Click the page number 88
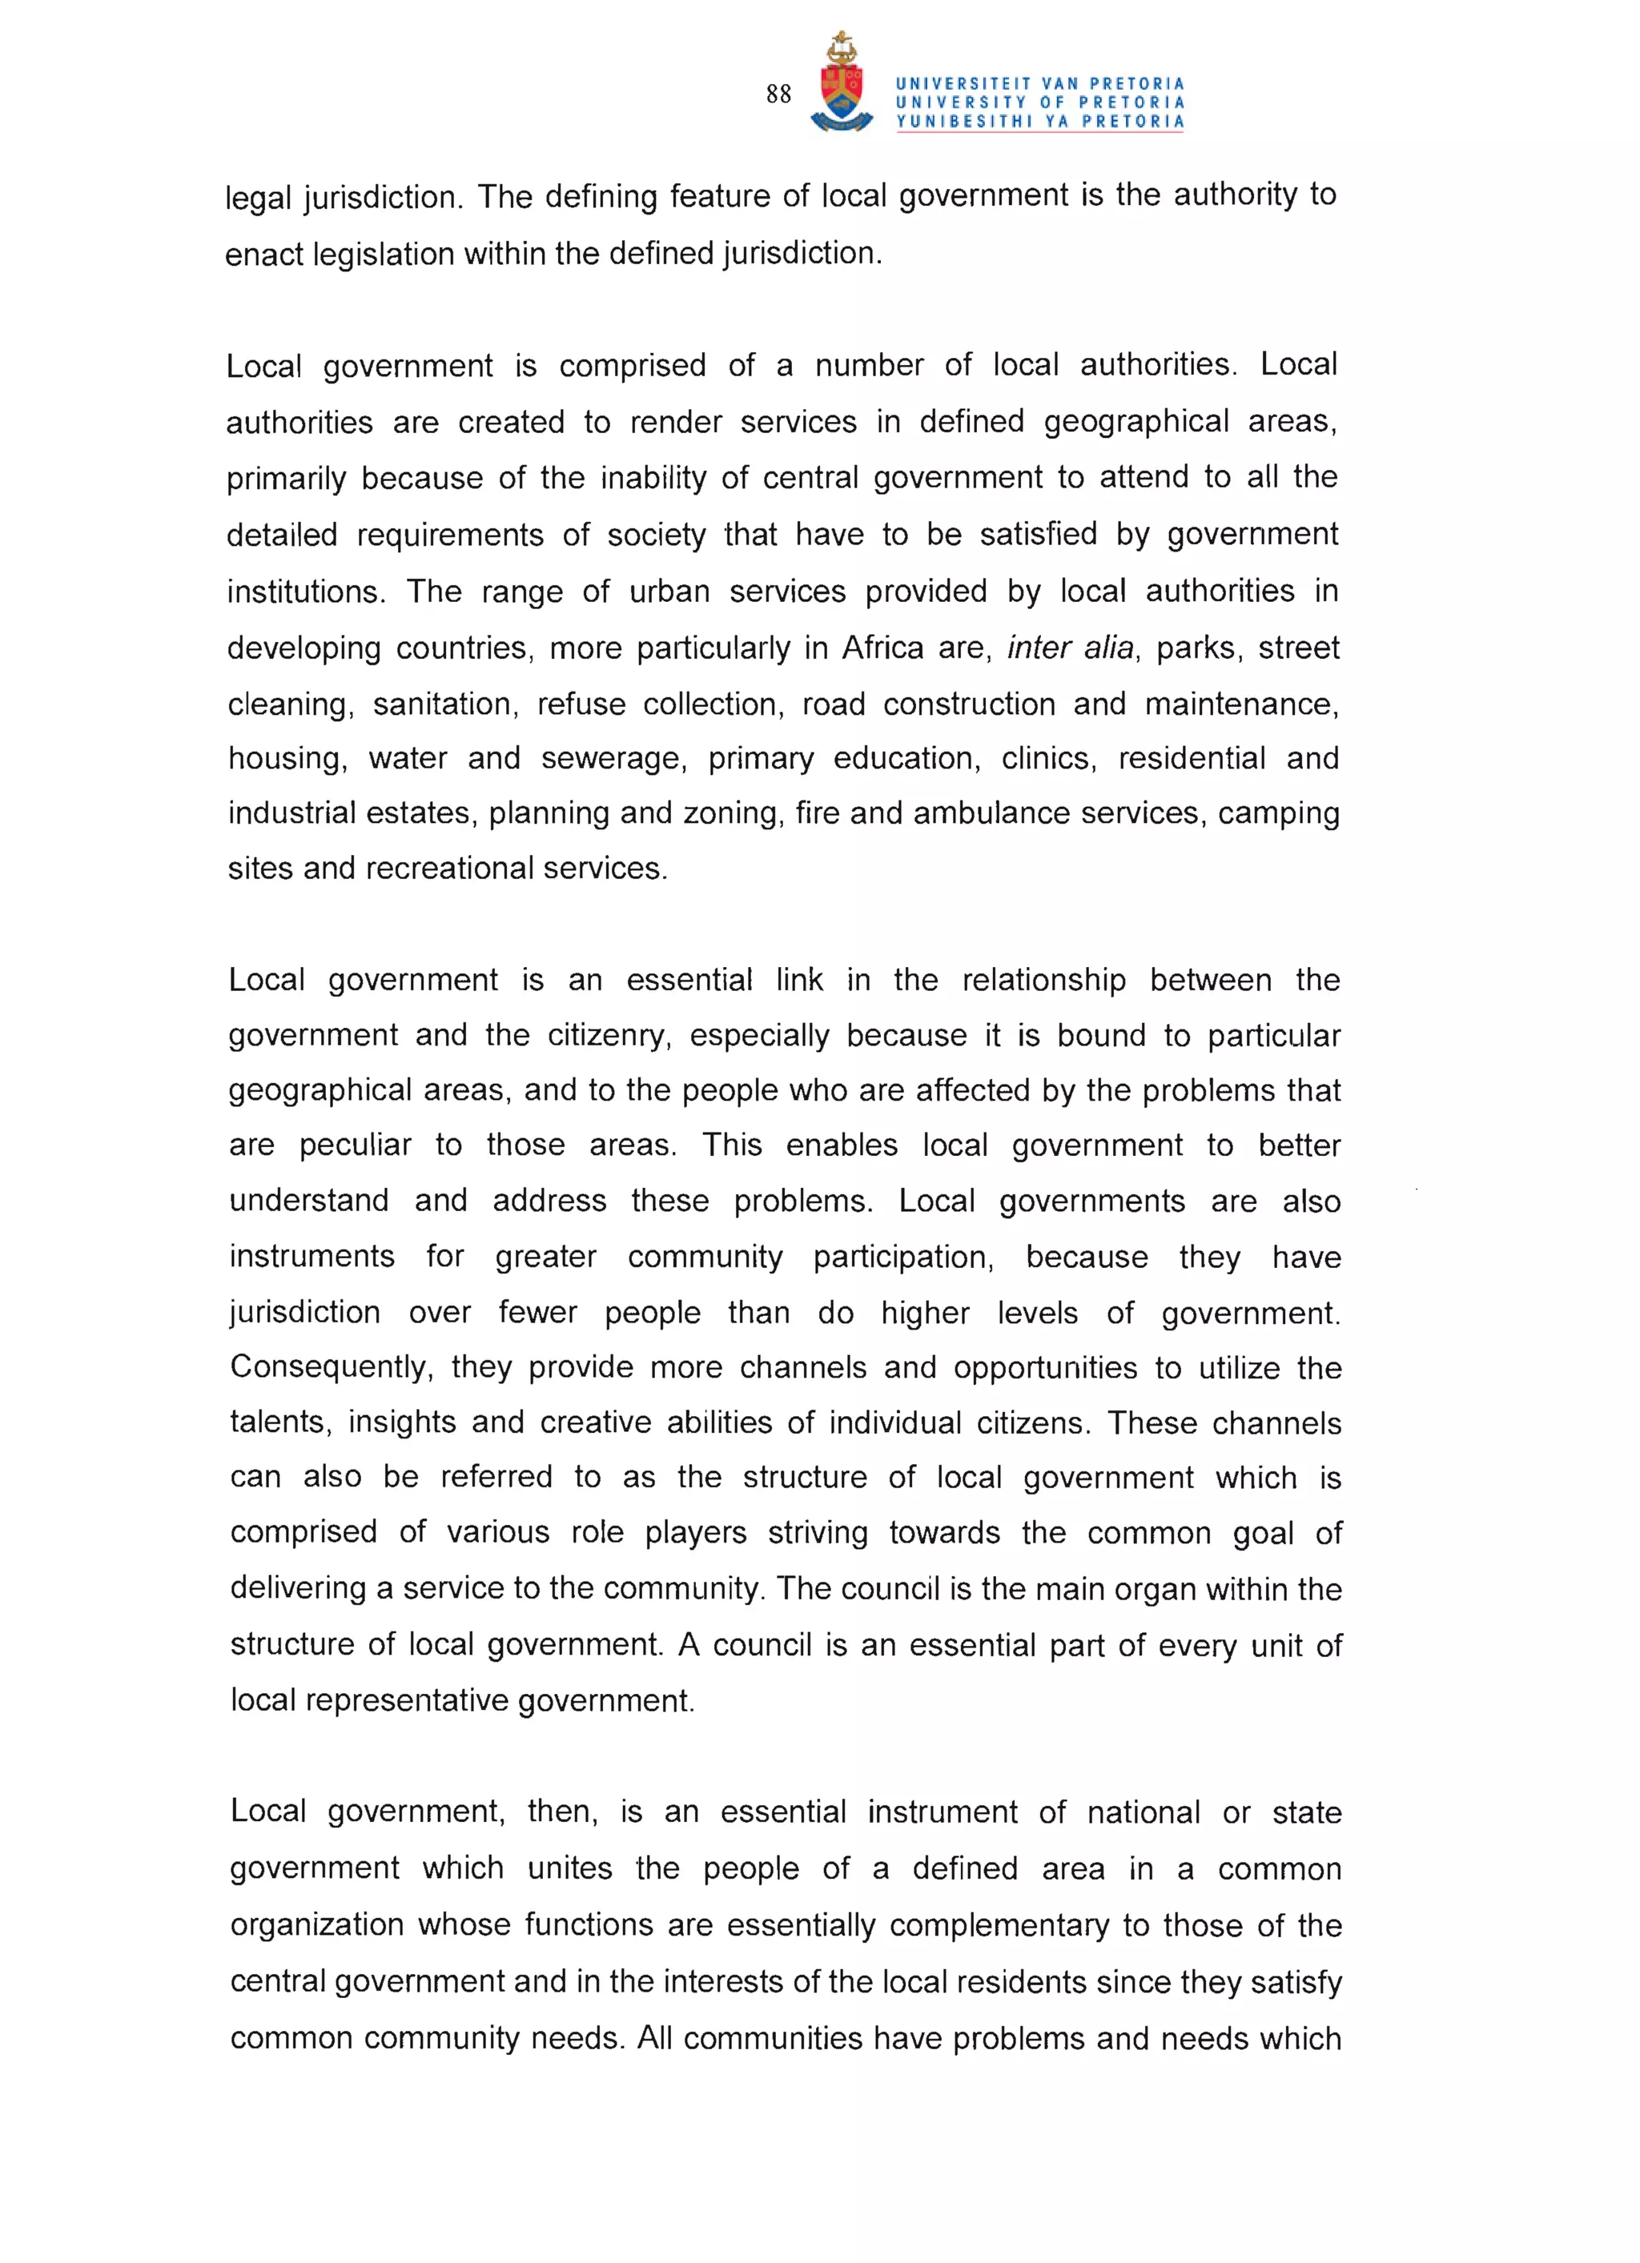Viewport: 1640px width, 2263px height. point(778,94)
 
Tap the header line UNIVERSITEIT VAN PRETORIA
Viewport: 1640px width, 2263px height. point(1039,84)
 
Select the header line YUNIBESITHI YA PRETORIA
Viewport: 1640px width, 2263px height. point(1039,122)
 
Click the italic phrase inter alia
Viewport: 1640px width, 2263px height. point(1070,648)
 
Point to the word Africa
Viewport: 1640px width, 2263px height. point(882,648)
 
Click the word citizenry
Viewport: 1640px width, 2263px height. point(608,1036)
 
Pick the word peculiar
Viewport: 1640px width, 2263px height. point(355,1146)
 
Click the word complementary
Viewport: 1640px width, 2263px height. point(999,1926)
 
